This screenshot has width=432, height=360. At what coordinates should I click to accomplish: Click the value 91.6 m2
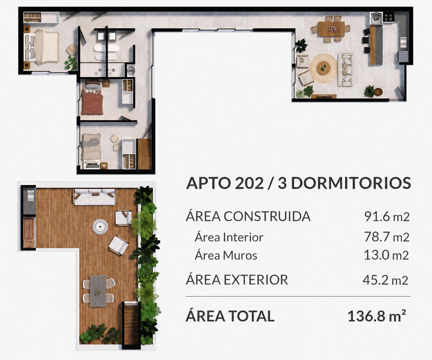coord(387,216)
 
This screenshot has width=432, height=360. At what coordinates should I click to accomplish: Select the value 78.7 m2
coord(387,237)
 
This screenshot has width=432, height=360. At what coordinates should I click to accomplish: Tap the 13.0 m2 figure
coord(386,255)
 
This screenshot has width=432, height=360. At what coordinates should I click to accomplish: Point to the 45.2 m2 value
coord(385,280)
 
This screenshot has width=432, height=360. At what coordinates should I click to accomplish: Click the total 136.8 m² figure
coord(377,316)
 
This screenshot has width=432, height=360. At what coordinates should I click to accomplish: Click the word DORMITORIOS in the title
coord(351,183)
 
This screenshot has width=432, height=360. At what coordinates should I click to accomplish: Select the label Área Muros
coord(226,255)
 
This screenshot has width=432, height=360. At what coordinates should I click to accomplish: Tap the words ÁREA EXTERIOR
coord(237,280)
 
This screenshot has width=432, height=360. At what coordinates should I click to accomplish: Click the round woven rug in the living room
coord(323,69)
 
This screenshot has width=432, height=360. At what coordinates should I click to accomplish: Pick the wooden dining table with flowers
coord(331,29)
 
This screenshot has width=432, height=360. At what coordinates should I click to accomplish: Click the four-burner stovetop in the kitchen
coord(388,17)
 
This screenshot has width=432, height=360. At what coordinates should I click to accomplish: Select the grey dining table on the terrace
coord(98,291)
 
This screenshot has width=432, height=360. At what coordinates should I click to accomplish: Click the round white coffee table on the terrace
coord(100,227)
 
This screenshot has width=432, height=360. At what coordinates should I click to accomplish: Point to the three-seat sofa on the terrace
coord(95,197)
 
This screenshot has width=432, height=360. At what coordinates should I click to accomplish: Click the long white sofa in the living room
coord(345,70)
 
